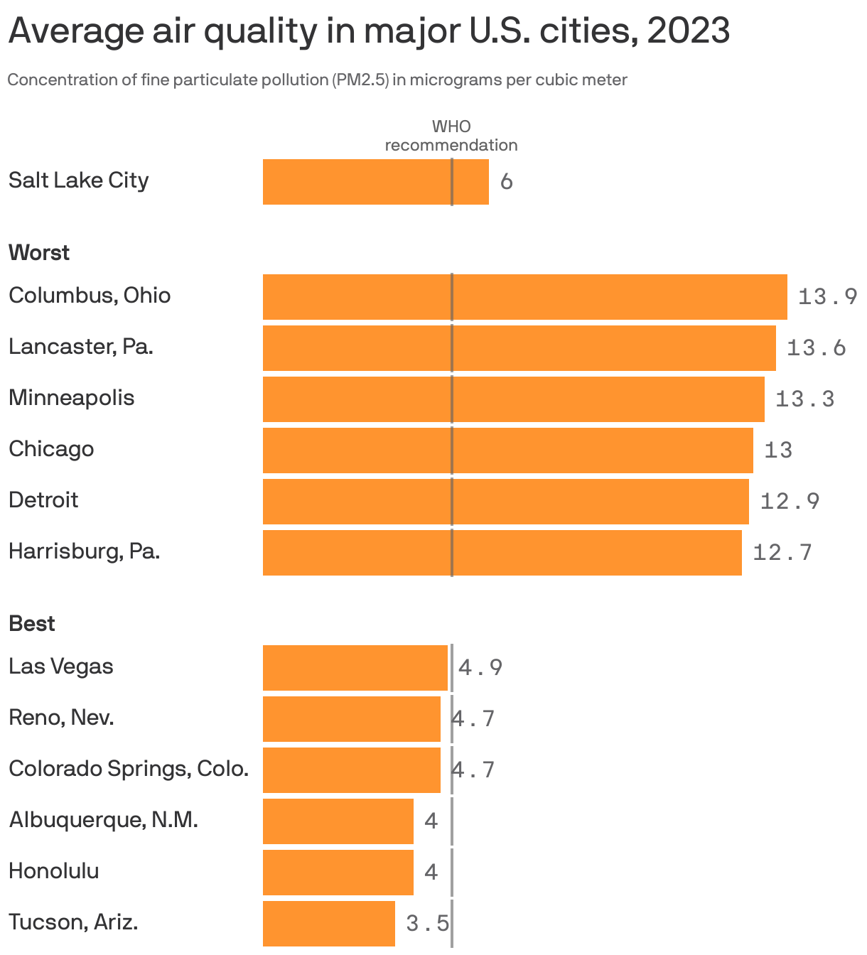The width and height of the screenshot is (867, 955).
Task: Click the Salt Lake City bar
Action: pos(375,182)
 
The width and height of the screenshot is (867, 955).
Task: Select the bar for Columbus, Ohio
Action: pos(524,297)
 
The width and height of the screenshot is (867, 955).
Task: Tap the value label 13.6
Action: pos(816,347)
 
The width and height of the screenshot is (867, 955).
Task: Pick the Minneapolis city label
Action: pos(71,397)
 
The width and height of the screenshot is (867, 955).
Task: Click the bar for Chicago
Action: pos(507,450)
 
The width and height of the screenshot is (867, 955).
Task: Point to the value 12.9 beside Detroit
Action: pos(790,502)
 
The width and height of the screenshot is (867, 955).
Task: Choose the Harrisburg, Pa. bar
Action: pos(502,553)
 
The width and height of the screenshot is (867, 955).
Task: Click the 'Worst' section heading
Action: pos(39,253)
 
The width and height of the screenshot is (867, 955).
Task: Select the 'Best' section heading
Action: pos(32,624)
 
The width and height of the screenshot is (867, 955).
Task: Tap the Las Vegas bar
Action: pos(355,668)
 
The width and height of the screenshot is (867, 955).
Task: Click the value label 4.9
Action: pos(480,668)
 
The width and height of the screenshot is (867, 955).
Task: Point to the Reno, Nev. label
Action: pos(61,718)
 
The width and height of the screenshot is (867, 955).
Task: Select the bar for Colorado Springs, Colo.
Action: pos(351,770)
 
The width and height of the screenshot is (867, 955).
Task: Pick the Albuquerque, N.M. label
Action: pos(103,820)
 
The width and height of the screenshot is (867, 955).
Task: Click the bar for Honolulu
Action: pos(338,873)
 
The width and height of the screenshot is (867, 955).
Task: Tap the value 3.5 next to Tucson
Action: pos(427,924)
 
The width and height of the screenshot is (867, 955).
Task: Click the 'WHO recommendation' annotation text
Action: pos(451,136)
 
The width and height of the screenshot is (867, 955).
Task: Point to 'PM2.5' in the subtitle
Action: pos(362,80)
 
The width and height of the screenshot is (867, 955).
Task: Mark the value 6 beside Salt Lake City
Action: pos(506,182)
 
